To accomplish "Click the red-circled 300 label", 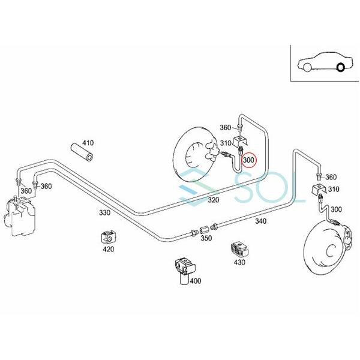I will tap(248, 161).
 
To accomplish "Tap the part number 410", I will tap(88, 143).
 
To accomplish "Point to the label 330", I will tap(104, 212).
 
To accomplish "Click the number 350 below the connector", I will tap(206, 238).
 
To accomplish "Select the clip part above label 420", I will tap(109, 236).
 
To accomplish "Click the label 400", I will tap(196, 280).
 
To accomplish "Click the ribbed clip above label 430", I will tap(238, 247).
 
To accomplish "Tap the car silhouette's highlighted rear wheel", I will tap(341, 67).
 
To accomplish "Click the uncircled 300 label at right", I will tap(336, 209).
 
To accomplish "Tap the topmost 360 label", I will tap(225, 127).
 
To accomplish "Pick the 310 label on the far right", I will tap(334, 190).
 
